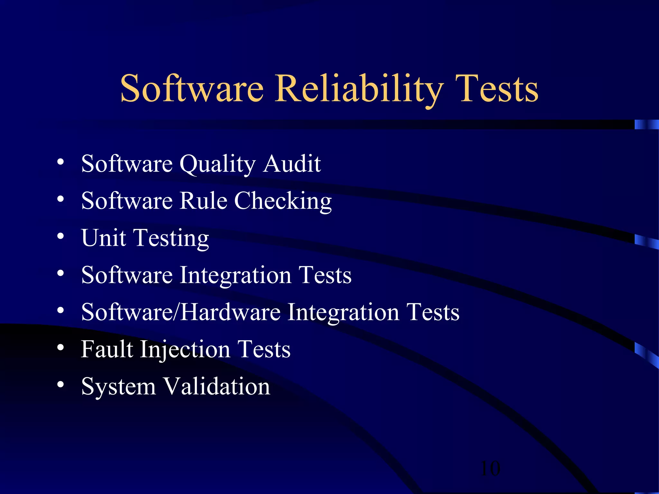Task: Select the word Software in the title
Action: click(x=192, y=88)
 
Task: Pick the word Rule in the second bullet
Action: click(x=203, y=201)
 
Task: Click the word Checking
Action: click(x=283, y=201)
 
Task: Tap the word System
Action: click(x=118, y=387)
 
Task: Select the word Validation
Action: click(x=217, y=386)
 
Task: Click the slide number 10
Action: click(x=490, y=468)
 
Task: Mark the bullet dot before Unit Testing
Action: click(x=60, y=236)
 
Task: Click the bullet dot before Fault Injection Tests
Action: click(x=60, y=348)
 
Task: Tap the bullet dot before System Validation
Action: click(x=60, y=385)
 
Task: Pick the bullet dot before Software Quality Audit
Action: click(x=60, y=162)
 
